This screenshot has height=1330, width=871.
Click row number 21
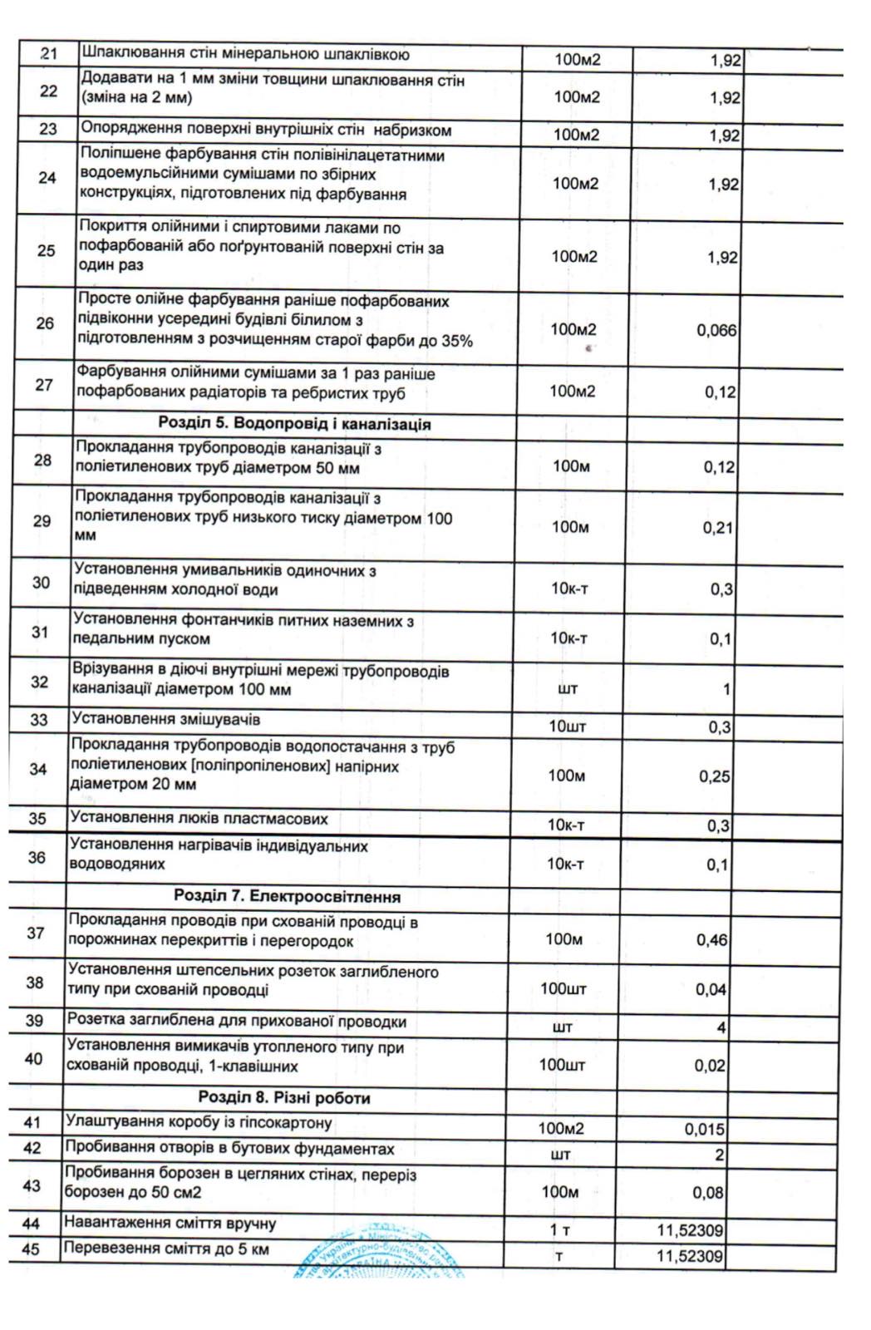[49, 55]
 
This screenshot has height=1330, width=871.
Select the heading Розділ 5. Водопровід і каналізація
[294, 424]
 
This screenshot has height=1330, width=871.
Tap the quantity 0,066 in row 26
[716, 330]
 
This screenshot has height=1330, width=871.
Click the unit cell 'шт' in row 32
[569, 689]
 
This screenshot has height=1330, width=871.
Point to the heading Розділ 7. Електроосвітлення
[287, 897]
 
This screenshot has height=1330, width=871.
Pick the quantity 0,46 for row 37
[711, 940]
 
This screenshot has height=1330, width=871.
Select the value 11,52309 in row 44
[690, 1230]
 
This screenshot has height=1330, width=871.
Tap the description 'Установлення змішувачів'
[166, 719]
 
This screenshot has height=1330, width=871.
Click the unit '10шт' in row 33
[568, 727]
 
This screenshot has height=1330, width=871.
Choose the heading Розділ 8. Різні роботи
[284, 1098]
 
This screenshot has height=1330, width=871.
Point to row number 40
[34, 1059]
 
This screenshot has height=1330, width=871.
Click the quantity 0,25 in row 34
[715, 776]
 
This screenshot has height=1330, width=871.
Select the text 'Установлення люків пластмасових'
[199, 819]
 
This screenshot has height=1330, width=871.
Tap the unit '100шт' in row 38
[563, 989]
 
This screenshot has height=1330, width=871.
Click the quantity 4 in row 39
[721, 1027]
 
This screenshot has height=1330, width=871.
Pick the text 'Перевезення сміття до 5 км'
[166, 1249]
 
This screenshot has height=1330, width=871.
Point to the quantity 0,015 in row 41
[705, 1130]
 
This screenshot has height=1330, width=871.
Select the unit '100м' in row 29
[570, 527]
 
